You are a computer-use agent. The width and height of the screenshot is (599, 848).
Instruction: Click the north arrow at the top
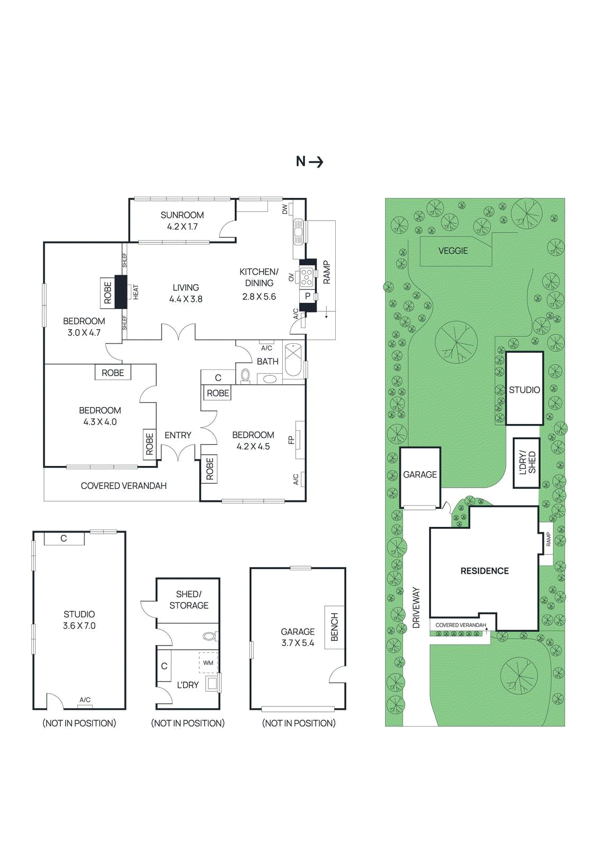coord(316,162)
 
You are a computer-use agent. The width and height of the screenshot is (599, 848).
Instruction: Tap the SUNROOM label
coord(182,215)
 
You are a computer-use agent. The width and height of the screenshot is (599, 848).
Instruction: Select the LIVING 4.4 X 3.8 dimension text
coord(186,299)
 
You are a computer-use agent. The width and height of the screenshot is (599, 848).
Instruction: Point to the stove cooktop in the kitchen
coord(307,277)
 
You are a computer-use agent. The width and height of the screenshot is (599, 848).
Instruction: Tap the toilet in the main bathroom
coord(245,376)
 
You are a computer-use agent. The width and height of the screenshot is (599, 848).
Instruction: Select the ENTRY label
coord(178,435)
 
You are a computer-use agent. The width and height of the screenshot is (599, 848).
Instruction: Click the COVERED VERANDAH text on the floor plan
coord(124,485)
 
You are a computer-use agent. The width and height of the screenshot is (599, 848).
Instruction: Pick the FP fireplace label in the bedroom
coord(291,440)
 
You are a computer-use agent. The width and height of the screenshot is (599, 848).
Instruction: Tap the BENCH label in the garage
coord(335,627)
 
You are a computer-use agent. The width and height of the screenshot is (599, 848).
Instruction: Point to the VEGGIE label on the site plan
coord(453,251)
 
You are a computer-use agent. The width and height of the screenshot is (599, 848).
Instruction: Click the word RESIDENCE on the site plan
coord(485,571)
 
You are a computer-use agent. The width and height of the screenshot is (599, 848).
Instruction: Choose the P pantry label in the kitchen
coord(308,296)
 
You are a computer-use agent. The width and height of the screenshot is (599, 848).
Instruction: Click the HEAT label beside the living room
coord(136,292)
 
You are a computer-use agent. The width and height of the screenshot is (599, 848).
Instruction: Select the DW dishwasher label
coord(285,209)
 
